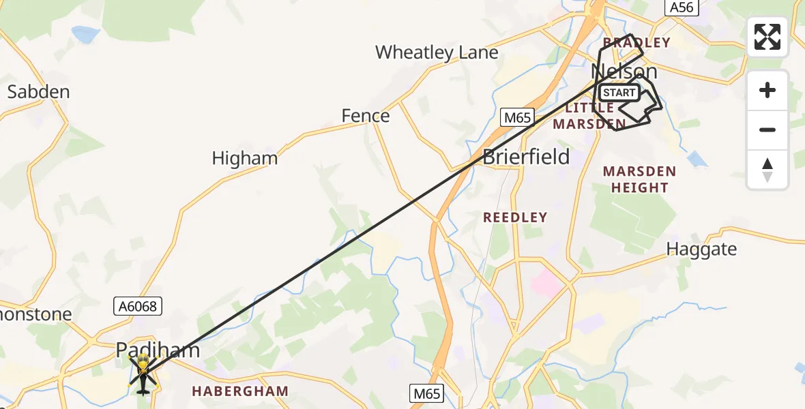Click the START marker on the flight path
coord(619,93)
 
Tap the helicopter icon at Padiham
coord(143,375)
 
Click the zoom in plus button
coord(767,91)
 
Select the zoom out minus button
coord(767,130)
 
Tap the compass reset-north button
coord(767,169)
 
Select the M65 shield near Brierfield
coord(516,117)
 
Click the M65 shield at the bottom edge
coord(427,393)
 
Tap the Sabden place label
coord(38,91)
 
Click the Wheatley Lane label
coord(437,52)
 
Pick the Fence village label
coord(366,116)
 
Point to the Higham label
coord(245,158)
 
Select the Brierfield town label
coord(526,157)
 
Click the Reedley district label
coord(515,217)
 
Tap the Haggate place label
coord(701,249)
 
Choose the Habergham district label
coord(240,391)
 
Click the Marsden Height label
coord(639,179)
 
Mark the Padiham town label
coord(158,350)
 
